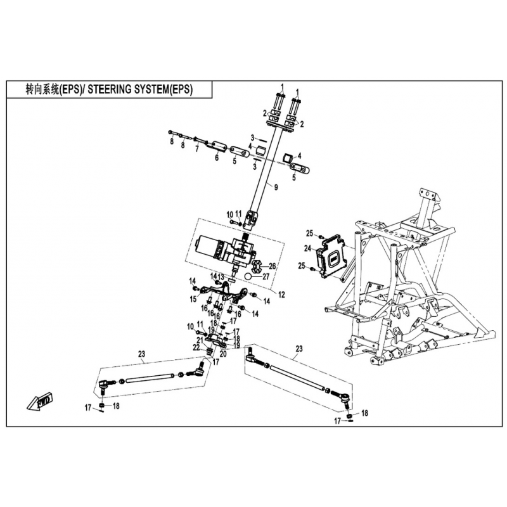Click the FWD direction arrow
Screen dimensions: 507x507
coord(41,401)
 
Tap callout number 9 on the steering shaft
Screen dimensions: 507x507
coord(276,187)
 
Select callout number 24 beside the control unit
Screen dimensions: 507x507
coord(307,248)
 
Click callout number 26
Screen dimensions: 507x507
coord(273,266)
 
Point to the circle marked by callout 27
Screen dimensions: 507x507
coord(248,276)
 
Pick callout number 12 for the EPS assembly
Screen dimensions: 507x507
coord(281,295)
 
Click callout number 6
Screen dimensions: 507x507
coord(217,158)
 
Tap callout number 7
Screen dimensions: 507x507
coord(196,149)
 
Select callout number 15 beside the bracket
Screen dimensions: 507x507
coord(193,299)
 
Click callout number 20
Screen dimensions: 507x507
coord(223,354)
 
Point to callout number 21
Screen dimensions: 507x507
coord(200,340)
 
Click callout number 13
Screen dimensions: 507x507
coord(221,277)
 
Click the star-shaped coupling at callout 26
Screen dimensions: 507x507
coord(257,266)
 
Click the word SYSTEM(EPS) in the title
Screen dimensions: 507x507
coord(165,89)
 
